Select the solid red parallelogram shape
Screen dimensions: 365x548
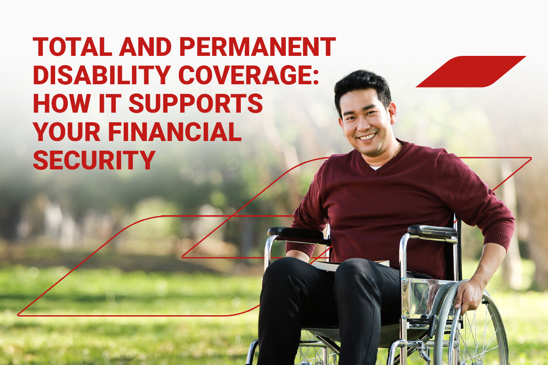click(471, 72)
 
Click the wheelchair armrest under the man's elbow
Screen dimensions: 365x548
click(432, 232)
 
